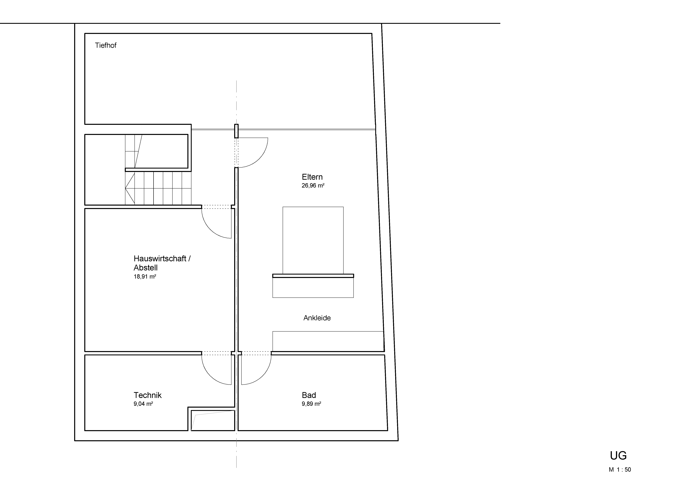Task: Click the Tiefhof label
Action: coord(106,45)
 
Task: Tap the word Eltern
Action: coord(312,177)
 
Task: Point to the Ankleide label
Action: coord(317,318)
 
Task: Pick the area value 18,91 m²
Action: coord(145,277)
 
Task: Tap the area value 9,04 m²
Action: coord(143,404)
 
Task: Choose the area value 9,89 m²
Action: coord(311,404)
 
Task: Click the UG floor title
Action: coord(618,456)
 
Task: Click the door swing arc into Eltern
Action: coord(259,159)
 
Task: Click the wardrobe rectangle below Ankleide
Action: coord(328,341)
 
